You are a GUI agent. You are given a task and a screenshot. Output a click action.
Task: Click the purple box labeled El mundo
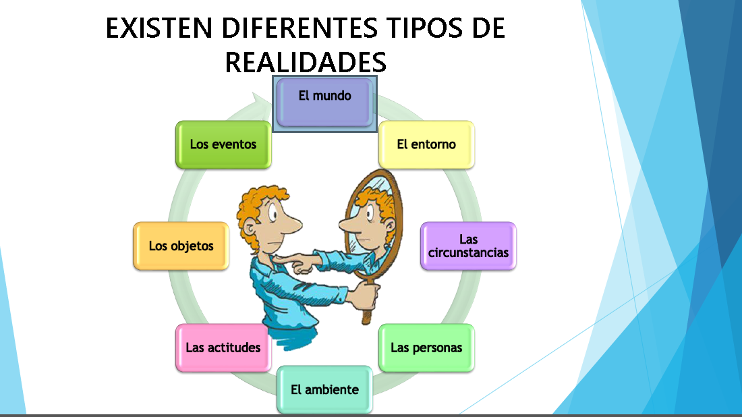tap(324, 101)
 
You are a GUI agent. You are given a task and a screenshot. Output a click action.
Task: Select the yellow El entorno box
tap(426, 144)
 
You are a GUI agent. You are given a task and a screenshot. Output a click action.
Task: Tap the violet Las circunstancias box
tap(468, 246)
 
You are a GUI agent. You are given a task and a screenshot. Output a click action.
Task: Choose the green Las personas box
tap(426, 348)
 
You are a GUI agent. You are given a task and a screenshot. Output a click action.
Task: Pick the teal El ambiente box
tap(324, 389)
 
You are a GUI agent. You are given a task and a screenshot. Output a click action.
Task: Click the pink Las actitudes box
tap(223, 348)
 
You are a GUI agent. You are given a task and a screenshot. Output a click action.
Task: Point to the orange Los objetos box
tap(181, 246)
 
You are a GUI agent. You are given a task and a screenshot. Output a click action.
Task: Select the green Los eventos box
tap(223, 144)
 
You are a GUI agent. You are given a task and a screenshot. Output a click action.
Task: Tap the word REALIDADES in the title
tap(306, 62)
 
